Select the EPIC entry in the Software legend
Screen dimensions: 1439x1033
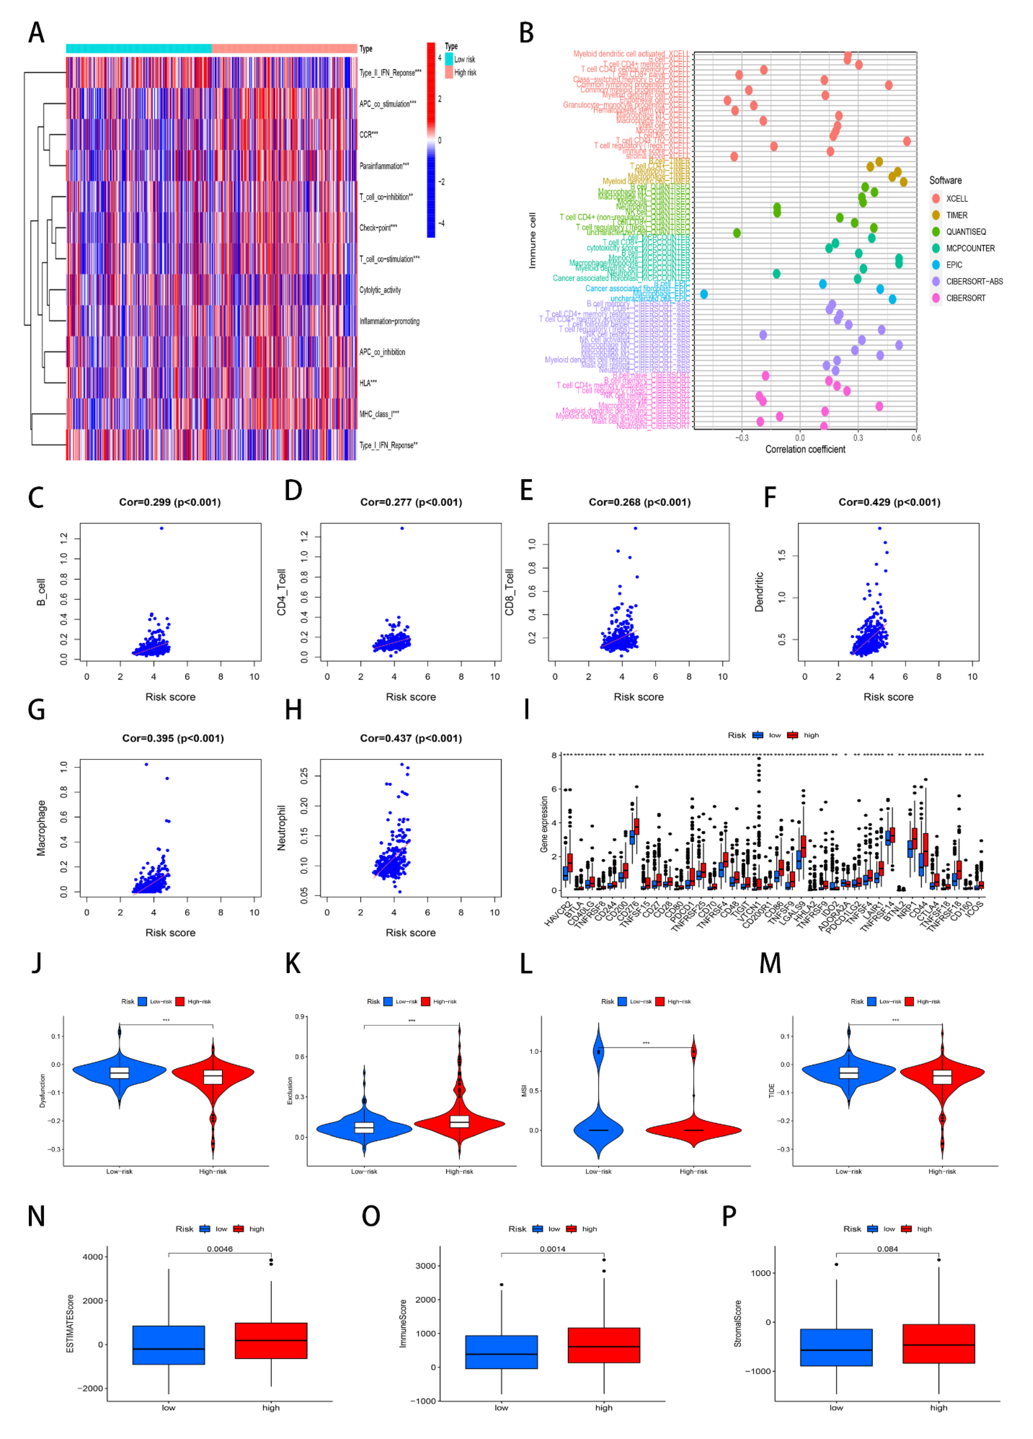point(954,265)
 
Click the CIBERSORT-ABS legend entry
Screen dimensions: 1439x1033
point(974,281)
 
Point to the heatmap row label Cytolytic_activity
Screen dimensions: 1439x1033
point(380,290)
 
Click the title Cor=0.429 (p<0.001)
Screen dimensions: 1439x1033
point(889,502)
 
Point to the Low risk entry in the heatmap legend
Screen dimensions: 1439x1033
point(464,59)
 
